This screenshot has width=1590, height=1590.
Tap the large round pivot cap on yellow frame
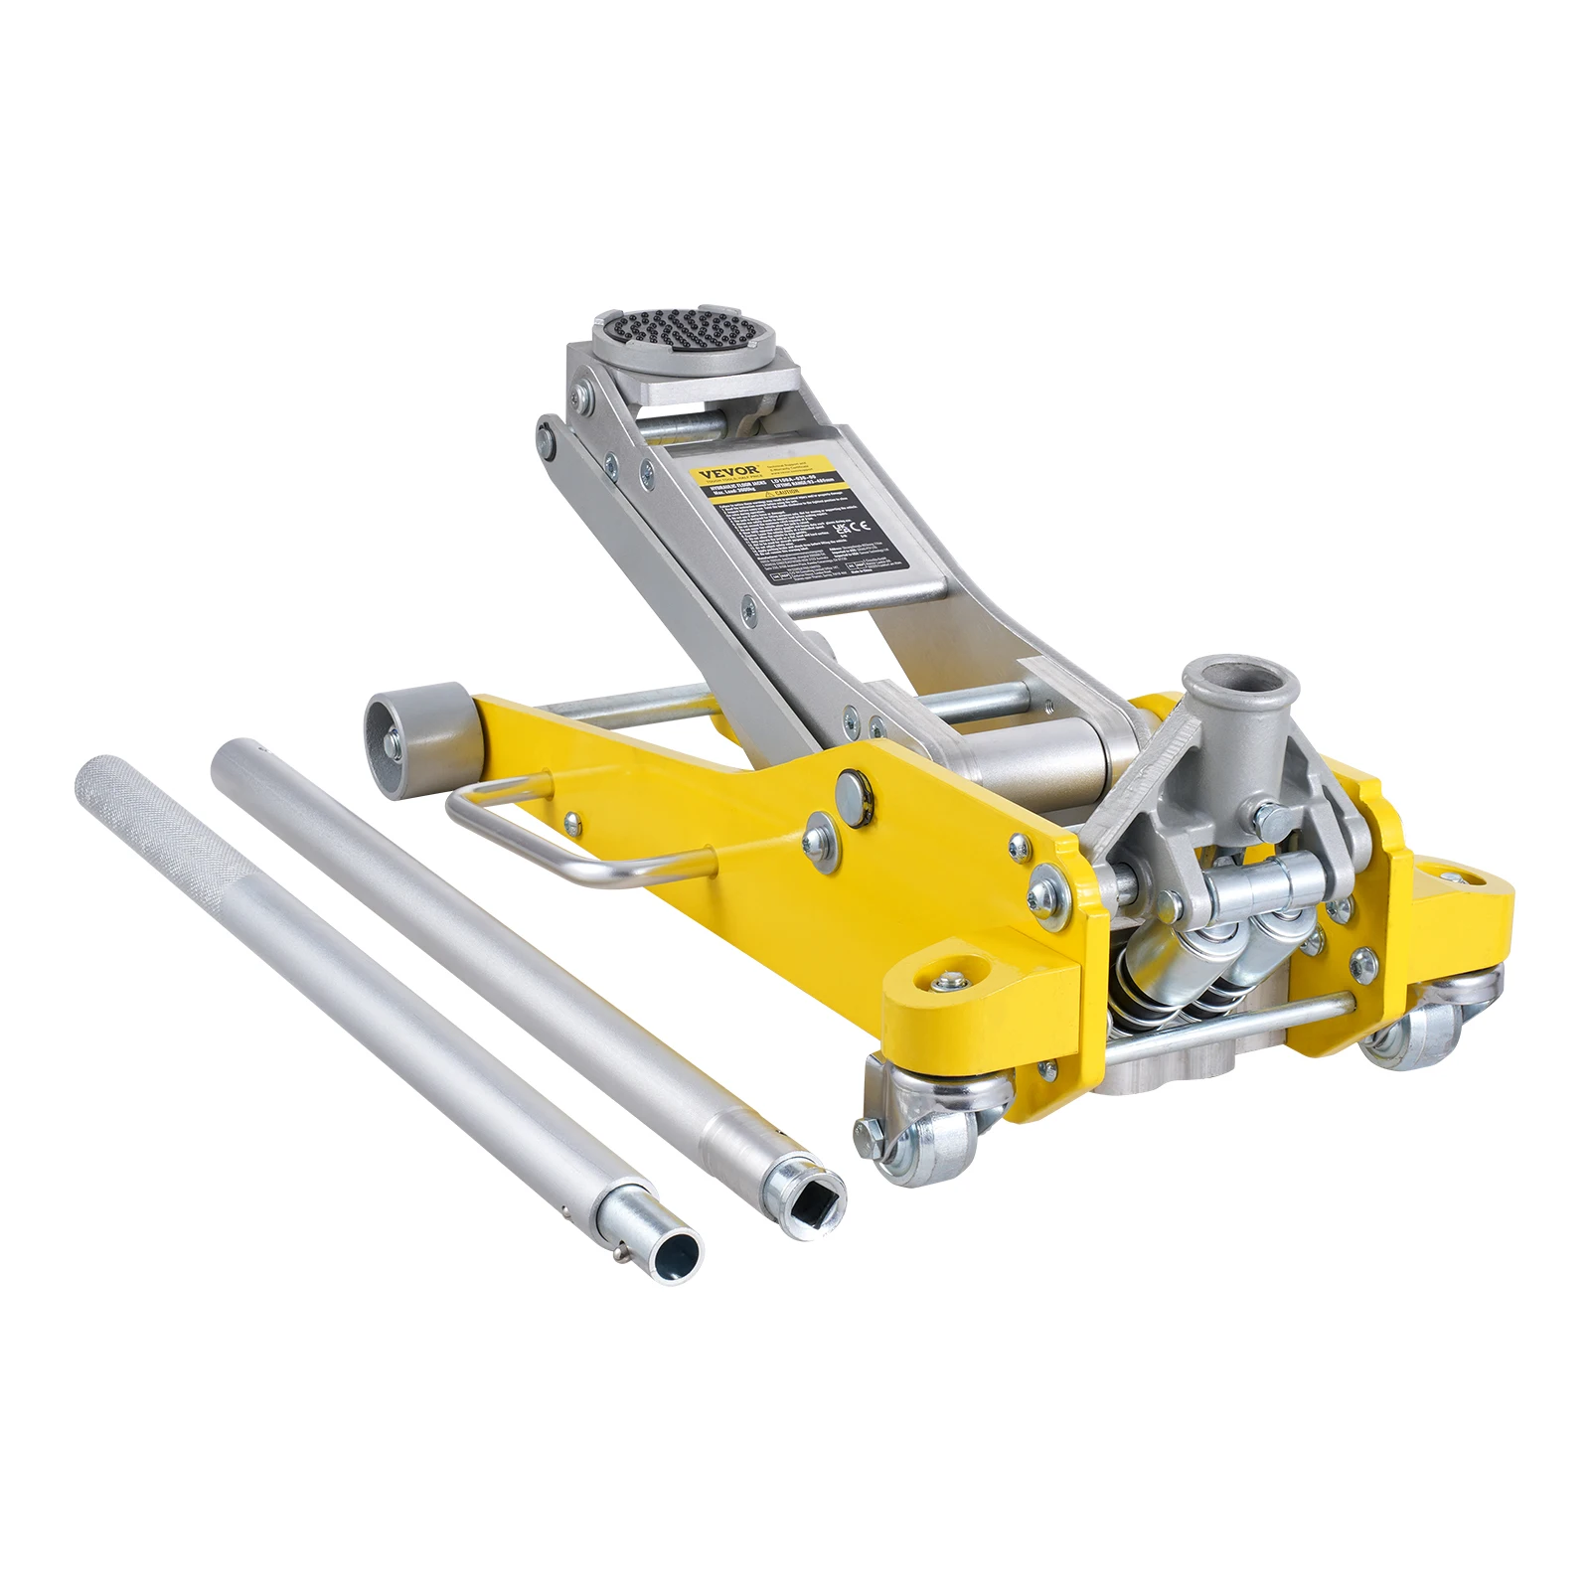(x=853, y=791)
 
